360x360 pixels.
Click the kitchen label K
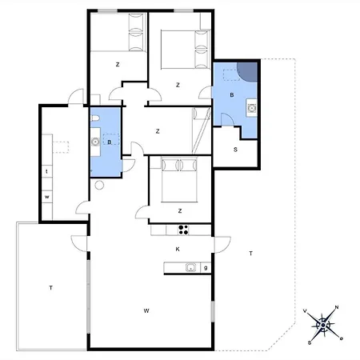coord(178,249)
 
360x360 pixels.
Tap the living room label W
coord(146,310)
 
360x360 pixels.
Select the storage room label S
coord(235,150)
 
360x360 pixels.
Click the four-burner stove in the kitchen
coord(183,230)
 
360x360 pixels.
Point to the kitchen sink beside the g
coord(190,267)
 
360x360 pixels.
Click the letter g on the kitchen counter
coord(206,267)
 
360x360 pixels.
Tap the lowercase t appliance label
coord(47,171)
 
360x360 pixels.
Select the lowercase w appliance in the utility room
coord(47,197)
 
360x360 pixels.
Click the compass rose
coord(323,325)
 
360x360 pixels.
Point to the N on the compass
coord(337,307)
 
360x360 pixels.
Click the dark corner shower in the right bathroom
coord(248,72)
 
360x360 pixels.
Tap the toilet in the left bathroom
coord(95,118)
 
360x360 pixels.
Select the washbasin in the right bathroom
coord(251,108)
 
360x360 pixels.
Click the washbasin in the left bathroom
coord(95,142)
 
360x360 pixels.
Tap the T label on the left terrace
coord(50,288)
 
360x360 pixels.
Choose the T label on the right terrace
coord(250,254)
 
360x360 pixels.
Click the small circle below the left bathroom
coord(99,185)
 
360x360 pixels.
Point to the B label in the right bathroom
coord(232,95)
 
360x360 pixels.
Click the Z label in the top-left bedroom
coord(118,65)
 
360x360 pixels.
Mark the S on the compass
coord(310,342)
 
